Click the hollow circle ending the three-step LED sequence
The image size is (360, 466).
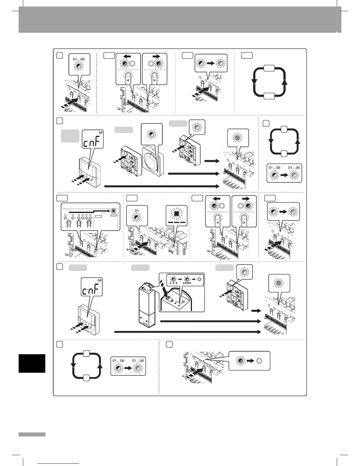pyautogui.click(x=199, y=279)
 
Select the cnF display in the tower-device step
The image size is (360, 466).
pyautogui.click(x=91, y=290)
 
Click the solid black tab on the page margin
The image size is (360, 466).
pyautogui.click(x=32, y=363)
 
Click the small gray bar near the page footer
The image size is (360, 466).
pyautogui.click(x=32, y=434)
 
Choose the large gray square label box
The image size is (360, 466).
pyautogui.click(x=70, y=136)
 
